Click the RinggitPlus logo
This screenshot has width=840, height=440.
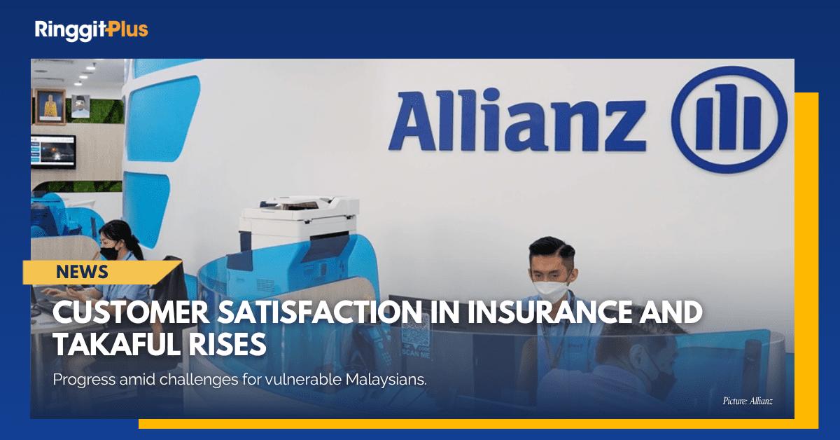click(91, 29)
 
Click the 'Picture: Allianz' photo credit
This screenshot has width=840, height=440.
click(748, 401)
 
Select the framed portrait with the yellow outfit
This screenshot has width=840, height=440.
click(49, 106)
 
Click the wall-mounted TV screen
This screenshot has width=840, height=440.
click(53, 151)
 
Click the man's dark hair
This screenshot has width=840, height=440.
click(550, 248)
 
